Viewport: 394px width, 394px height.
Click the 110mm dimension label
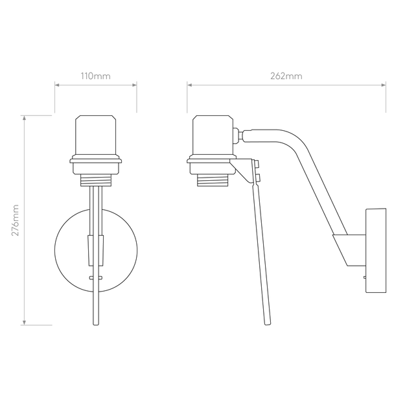tap(95, 76)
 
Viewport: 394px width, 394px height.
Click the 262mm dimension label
tap(286, 76)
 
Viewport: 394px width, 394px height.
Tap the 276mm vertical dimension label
tap(16, 220)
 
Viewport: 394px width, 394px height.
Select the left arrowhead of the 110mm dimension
tap(57, 85)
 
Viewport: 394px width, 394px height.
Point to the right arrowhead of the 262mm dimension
tap(384, 85)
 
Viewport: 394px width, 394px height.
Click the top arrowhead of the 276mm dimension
tap(24, 118)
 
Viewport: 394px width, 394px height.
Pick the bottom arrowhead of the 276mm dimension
tap(24, 323)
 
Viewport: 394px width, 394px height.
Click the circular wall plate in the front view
tap(55, 251)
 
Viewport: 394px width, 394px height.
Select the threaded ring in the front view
tap(96, 180)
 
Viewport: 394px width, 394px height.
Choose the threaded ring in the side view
tap(213, 180)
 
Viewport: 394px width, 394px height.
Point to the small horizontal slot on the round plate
tap(96, 277)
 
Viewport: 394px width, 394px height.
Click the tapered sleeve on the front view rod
tap(96, 250)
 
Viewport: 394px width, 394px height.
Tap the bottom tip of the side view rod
tap(268, 325)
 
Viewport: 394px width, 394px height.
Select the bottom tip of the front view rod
tap(96, 325)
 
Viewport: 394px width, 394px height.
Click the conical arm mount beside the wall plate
tap(349, 250)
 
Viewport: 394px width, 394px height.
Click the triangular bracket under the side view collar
tap(241, 170)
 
